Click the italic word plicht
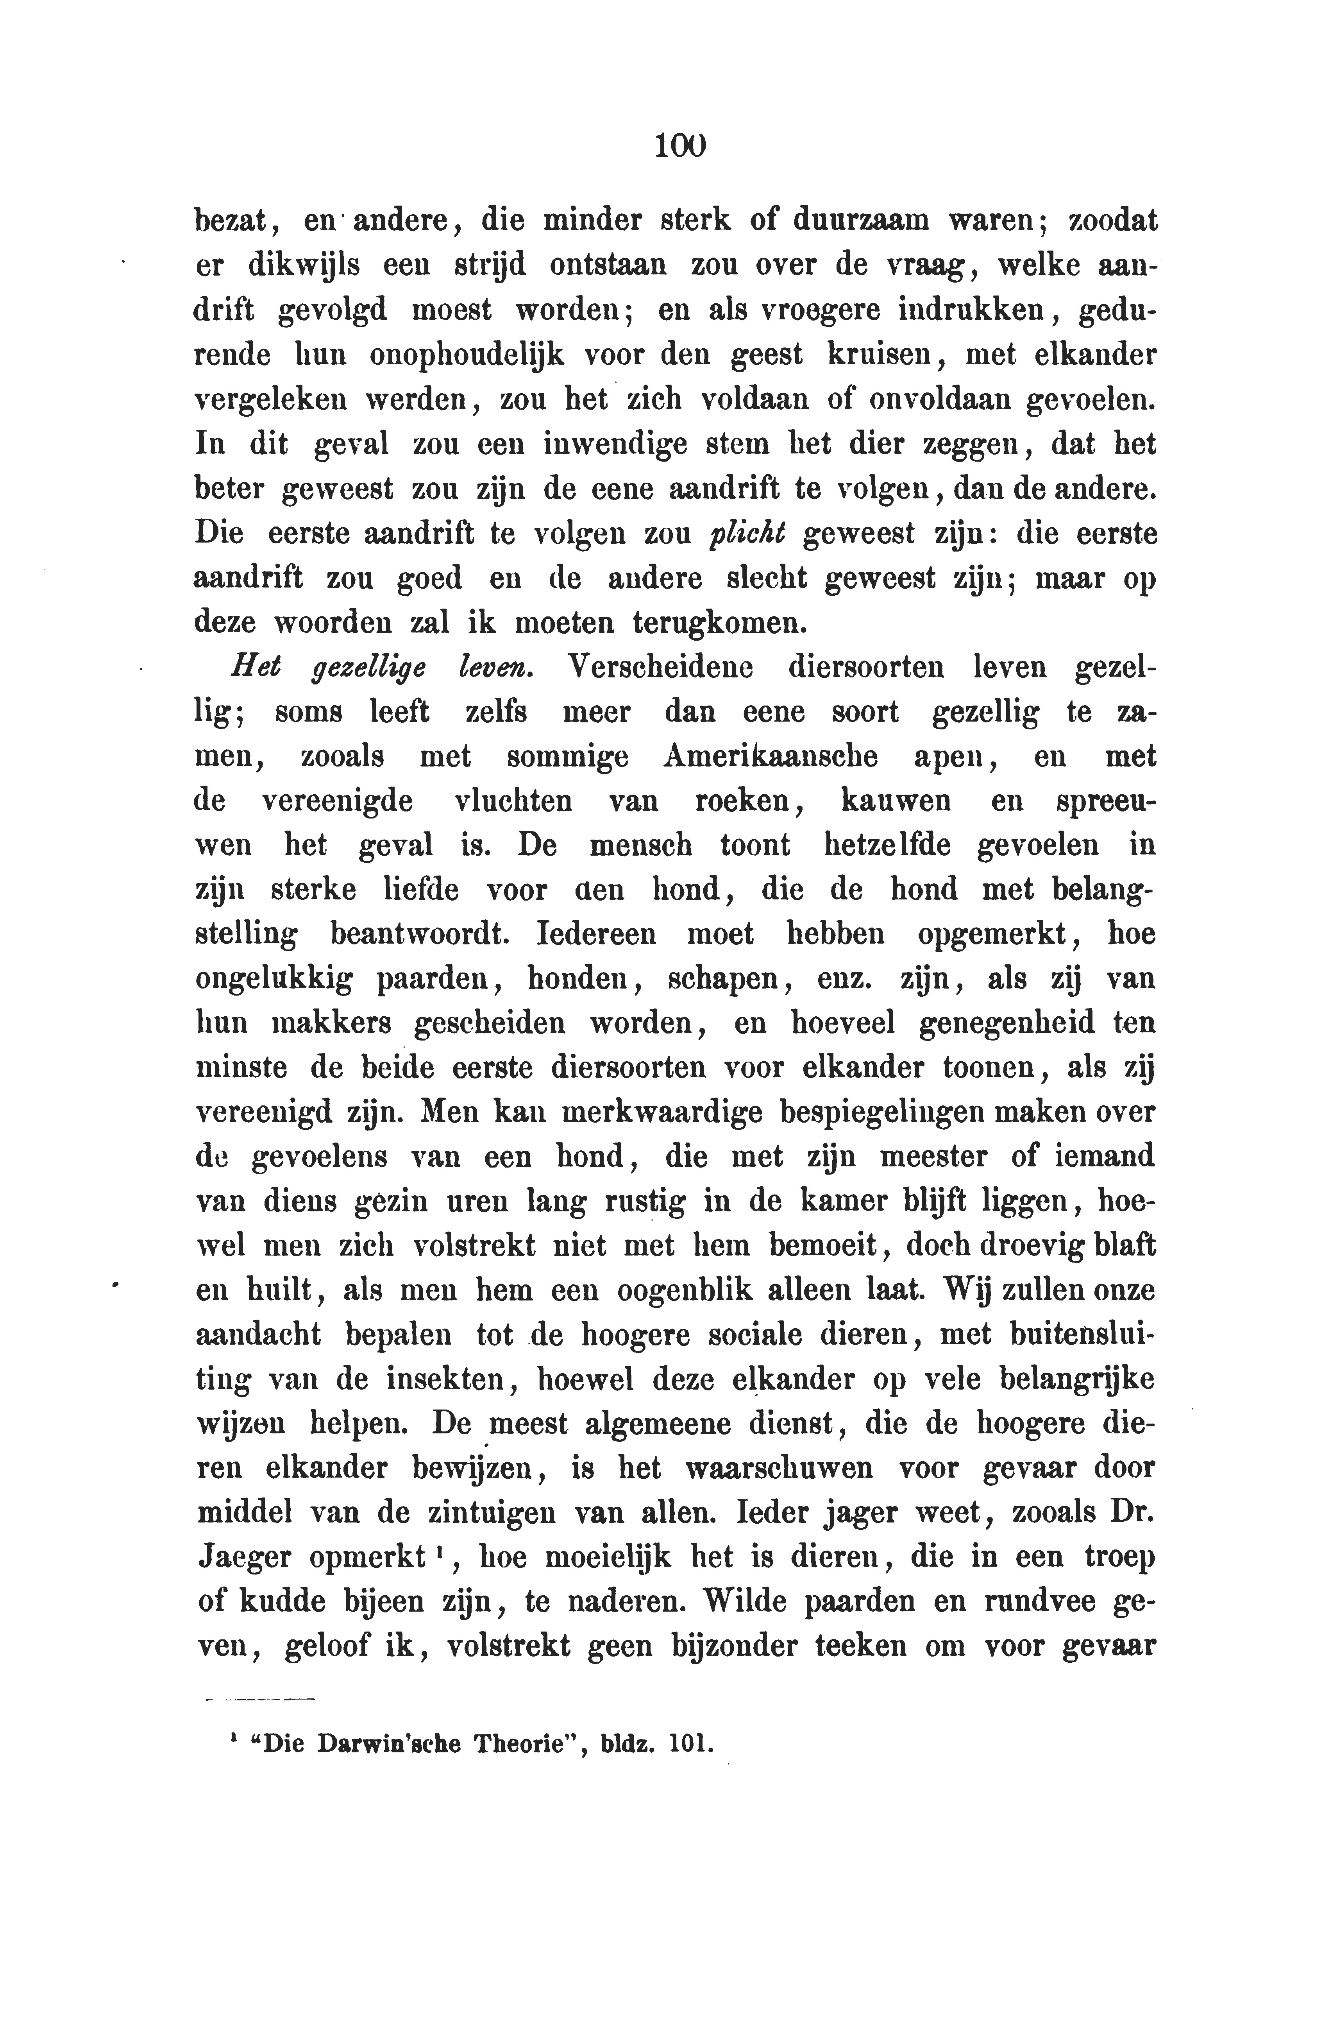tap(747, 534)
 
